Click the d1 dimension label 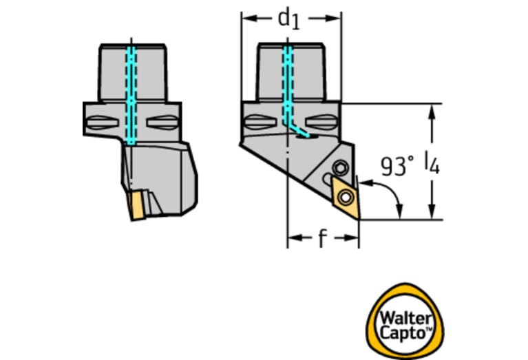tap(288, 19)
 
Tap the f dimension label tap(323, 237)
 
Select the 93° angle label tap(397, 166)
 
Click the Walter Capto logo tap(405, 321)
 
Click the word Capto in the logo tap(403, 332)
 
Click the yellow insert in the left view tap(137, 205)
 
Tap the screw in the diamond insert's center tap(346, 197)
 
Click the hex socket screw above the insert tap(340, 167)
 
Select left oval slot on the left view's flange tap(103, 123)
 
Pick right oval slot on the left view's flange tap(162, 123)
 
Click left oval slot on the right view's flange tap(260, 122)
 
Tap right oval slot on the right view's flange tap(321, 122)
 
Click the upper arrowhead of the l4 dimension tap(432, 112)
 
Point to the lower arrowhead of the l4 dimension tap(432, 212)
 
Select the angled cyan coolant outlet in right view tap(297, 130)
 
